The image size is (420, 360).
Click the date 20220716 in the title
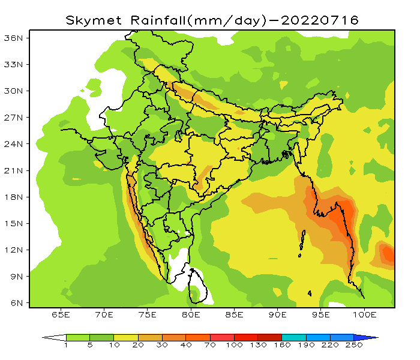pos(320,20)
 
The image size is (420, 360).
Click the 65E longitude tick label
pos(61,314)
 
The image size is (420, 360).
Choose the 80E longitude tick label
pos(191,314)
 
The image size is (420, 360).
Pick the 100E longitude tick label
pos(365,314)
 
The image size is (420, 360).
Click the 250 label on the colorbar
pos(354,345)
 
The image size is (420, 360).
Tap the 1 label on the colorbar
pos(66,345)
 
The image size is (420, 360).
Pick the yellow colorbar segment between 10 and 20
pos(126,337)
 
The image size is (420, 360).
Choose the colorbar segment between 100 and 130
pos(246,337)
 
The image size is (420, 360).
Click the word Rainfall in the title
pos(153,20)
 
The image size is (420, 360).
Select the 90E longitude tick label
pos(278,314)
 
